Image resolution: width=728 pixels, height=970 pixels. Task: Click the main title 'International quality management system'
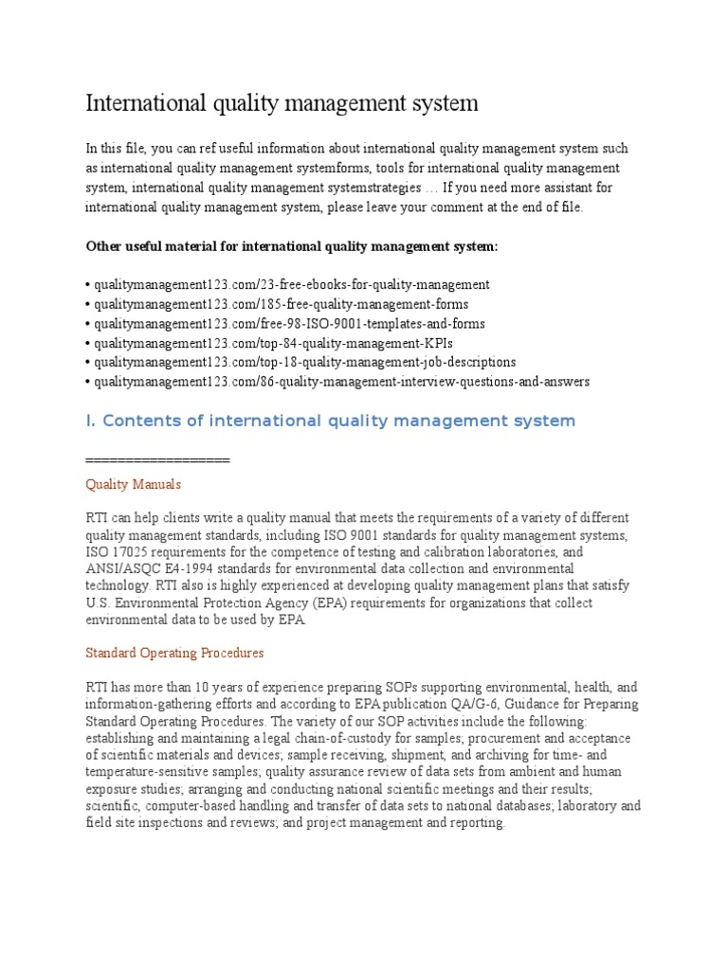(282, 102)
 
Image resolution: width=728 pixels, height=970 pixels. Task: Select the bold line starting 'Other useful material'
(291, 246)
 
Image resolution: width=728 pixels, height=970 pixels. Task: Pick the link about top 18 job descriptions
(302, 362)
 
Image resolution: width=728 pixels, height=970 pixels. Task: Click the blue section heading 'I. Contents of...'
(330, 421)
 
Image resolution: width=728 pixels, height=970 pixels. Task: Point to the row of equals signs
(157, 459)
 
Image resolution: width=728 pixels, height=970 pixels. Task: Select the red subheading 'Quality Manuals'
(133, 484)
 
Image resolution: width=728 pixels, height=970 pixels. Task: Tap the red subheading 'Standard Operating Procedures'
(174, 654)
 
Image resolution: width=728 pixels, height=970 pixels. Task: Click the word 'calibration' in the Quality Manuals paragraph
(508, 551)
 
